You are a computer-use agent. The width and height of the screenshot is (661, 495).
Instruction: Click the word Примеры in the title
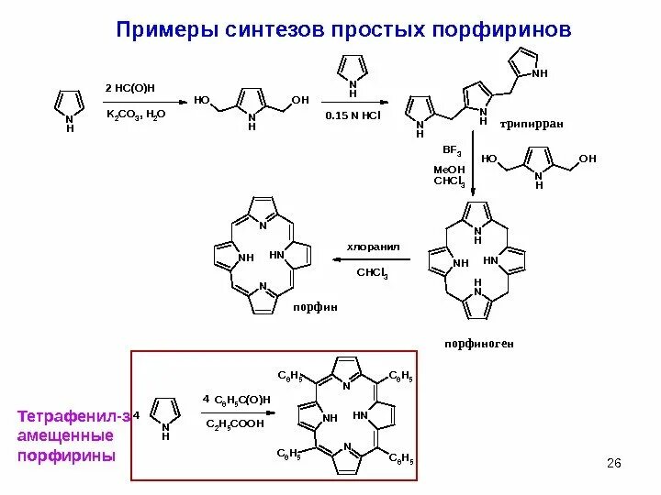point(168,31)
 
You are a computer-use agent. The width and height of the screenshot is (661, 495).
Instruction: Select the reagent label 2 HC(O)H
point(130,87)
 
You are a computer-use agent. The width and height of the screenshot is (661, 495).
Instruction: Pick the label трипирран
point(532,123)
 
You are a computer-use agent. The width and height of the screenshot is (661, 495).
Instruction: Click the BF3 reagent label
point(452,148)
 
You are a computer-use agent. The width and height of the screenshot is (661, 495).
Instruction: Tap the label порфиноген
point(477,344)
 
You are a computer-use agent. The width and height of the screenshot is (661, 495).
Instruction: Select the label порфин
point(308,308)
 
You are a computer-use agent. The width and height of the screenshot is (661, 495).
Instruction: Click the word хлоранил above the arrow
point(372,247)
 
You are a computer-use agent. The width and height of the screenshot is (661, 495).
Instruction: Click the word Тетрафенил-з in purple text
point(74,417)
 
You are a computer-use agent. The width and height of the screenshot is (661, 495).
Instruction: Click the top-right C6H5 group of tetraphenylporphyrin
point(401,376)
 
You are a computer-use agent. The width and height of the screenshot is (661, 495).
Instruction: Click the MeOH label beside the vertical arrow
point(451,170)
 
